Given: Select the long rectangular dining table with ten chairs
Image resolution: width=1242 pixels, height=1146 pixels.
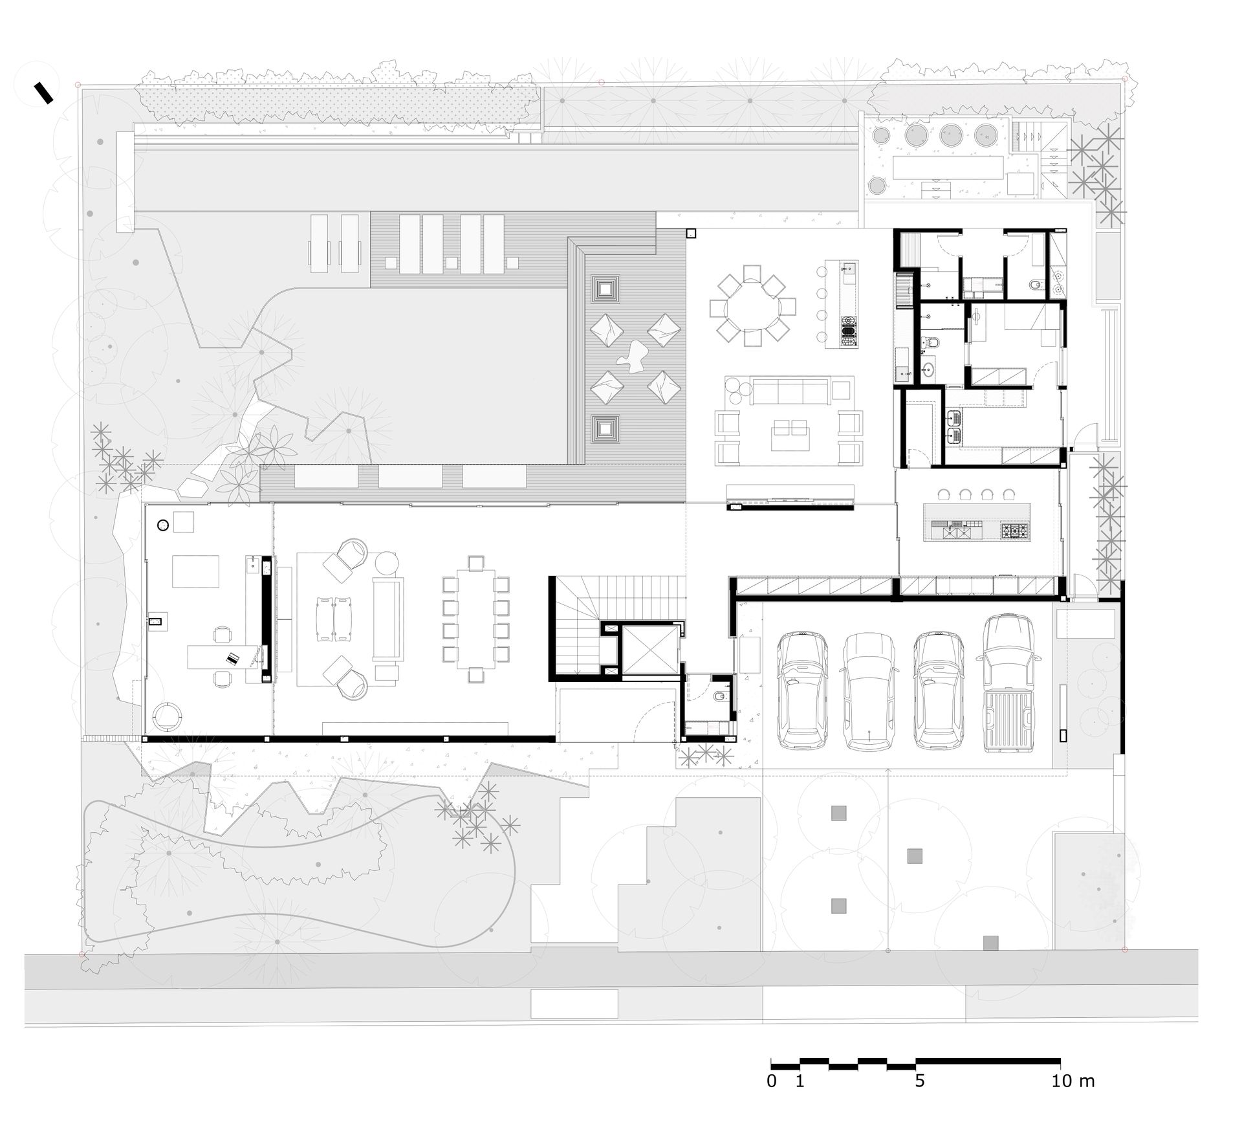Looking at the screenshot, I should point(475,619).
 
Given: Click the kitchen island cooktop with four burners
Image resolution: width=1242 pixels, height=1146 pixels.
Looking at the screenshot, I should point(1014,532).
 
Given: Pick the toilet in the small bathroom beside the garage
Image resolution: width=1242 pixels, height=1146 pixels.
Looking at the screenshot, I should point(719,696).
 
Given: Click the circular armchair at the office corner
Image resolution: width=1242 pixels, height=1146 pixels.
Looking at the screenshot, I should point(168,716).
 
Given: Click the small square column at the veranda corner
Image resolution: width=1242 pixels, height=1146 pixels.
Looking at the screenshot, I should point(691,234).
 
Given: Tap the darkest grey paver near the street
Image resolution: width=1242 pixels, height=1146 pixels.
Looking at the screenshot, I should point(990,943).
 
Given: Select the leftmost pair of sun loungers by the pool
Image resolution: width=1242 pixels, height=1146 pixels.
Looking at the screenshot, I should point(334,243).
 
